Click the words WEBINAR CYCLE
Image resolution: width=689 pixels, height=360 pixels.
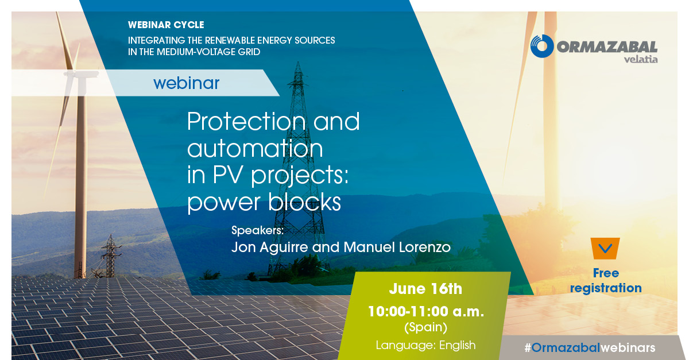click(166, 26)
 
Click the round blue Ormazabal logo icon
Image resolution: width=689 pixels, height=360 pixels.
click(541, 47)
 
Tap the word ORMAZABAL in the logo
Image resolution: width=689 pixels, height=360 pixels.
click(606, 47)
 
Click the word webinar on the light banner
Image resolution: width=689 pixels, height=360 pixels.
click(187, 83)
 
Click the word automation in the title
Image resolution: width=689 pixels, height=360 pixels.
click(255, 149)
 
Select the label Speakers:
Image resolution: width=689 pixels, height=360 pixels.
click(258, 231)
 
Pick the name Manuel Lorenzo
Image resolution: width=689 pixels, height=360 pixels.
click(397, 247)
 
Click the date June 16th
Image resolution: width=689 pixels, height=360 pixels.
click(425, 289)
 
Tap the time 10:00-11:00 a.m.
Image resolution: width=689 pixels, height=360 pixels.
click(425, 312)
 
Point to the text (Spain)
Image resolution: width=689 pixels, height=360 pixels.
click(425, 328)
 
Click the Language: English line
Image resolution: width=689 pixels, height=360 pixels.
click(425, 345)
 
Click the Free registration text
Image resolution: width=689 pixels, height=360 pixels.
click(605, 281)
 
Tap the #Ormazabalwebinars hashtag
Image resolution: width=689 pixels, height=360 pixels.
click(589, 348)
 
